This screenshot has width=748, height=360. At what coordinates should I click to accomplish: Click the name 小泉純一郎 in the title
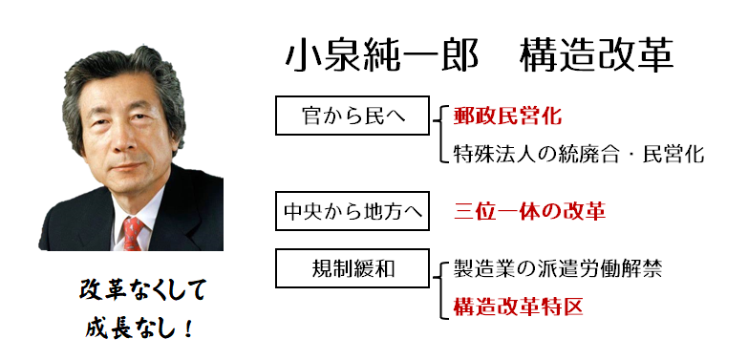tap(381, 56)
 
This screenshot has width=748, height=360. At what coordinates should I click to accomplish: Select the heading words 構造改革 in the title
tap(596, 56)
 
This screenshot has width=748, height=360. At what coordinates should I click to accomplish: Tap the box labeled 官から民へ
tap(353, 116)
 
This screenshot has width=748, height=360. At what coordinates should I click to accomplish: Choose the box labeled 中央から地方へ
tap(353, 211)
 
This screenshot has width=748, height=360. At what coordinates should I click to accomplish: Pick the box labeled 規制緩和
tap(353, 268)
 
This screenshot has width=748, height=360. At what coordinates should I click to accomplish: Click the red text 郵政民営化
tap(507, 116)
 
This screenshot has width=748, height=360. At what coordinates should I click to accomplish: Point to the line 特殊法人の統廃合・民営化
tap(578, 154)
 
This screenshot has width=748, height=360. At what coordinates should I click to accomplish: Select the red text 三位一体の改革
tap(529, 211)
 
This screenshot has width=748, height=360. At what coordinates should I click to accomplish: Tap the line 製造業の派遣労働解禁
tap(557, 270)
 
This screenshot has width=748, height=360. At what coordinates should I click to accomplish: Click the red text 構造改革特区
tap(518, 307)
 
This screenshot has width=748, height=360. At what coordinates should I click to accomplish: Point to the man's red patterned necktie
tap(133, 233)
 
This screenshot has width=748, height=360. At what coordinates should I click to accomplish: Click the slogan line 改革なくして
tap(142, 290)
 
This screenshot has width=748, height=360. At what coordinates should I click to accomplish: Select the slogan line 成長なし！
tap(139, 328)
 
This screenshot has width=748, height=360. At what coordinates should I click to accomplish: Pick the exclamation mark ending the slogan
tap(187, 328)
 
